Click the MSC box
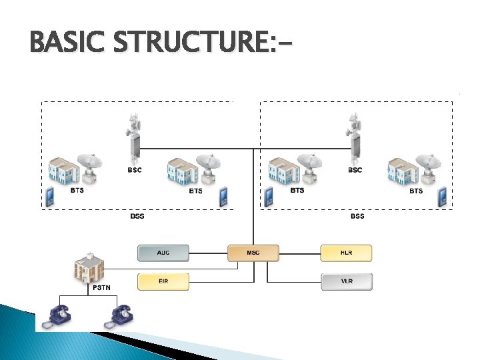pyautogui.click(x=253, y=253)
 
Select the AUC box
pyautogui.click(x=163, y=253)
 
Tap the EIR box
pyautogui.click(x=163, y=281)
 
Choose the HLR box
pyautogui.click(x=347, y=253)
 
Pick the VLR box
pyautogui.click(x=347, y=281)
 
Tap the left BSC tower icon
pyautogui.click(x=135, y=137)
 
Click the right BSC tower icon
pyautogui.click(x=355, y=137)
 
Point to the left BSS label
pyautogui.click(x=137, y=216)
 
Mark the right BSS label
pyautogui.click(x=357, y=216)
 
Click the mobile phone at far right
pyautogui.click(x=441, y=197)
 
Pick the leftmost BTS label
pyautogui.click(x=77, y=191)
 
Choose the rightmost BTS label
pyautogui.click(x=415, y=191)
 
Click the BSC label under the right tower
pyautogui.click(x=355, y=170)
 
